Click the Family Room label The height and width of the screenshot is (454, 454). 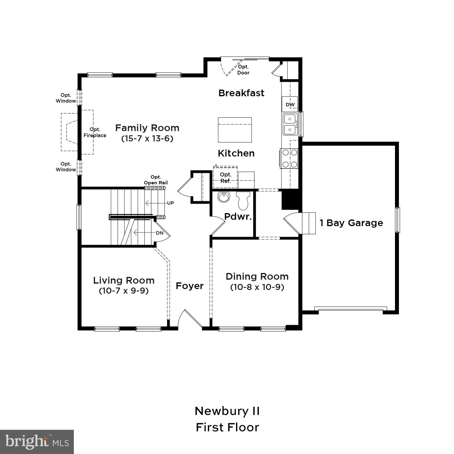click(147, 128)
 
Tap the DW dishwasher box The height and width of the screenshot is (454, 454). click(290, 104)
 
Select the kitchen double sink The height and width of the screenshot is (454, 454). click(290, 124)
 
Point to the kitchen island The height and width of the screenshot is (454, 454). click(235, 130)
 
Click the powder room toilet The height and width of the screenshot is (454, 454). click(243, 200)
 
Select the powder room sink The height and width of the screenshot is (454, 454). click(224, 198)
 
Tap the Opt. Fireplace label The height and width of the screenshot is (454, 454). click(95, 133)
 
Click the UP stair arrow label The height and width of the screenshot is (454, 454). click(170, 203)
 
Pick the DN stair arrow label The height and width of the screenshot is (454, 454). click(160, 233)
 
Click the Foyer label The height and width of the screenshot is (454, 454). click(190, 286)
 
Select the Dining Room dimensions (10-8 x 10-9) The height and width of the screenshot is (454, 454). click(257, 287)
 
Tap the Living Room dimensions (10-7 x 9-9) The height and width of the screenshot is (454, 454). click(123, 291)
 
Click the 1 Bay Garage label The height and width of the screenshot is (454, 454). click(351, 223)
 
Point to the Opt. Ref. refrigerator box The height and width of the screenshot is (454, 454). click(225, 178)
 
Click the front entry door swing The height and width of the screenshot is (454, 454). click(189, 319)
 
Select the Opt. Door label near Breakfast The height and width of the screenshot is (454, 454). click(243, 70)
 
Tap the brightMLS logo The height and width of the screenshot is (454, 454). click(37, 442)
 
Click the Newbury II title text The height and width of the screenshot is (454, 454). click(227, 411)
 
